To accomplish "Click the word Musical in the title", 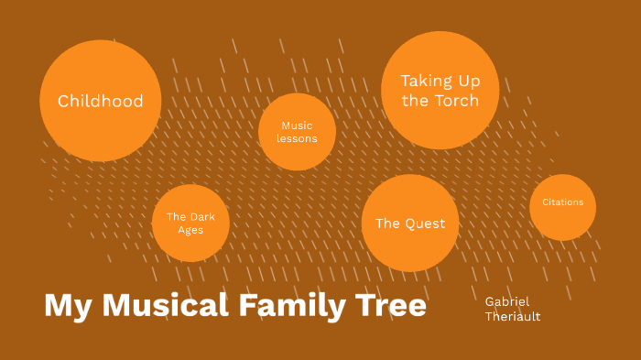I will pos(166,305).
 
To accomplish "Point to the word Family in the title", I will pos(286,305).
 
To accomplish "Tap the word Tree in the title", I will pos(385,305).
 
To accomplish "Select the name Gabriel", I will pos(507,300).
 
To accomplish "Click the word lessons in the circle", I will pos(297,139).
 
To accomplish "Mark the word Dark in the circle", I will pos(202,217).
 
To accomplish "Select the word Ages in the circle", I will pos(190,231).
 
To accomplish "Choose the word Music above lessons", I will pos(297,125).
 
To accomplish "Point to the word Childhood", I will pos(101,101).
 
